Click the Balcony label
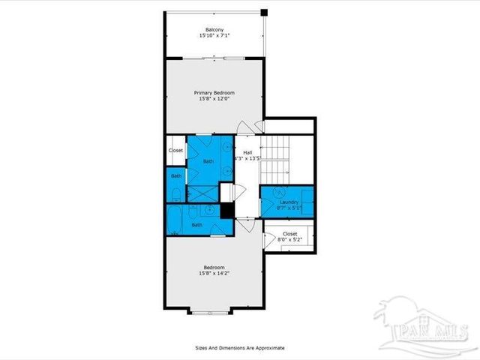214,29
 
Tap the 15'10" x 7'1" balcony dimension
214,36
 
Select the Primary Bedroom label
214,92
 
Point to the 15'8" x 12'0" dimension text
214,99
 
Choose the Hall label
247,152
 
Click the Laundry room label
289,202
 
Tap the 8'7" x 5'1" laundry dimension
289,208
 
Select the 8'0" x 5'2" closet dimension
290,241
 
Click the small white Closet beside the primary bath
175,150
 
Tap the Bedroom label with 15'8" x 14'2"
214,268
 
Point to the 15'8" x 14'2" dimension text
214,274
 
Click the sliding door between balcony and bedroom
214,58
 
